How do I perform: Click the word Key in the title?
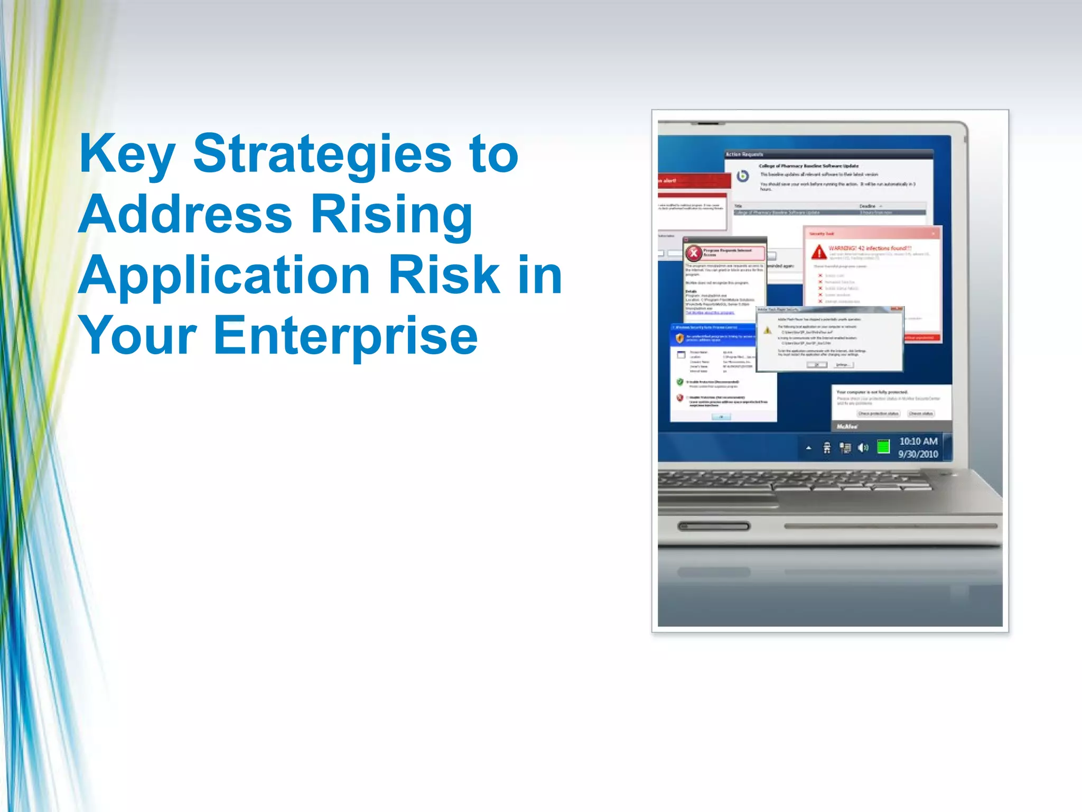127,154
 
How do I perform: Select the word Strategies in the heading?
322,154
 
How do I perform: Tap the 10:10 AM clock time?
918,441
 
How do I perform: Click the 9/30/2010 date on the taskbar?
918,454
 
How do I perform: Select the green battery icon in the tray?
883,447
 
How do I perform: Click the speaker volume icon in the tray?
863,448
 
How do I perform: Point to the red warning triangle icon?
819,252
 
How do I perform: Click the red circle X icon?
694,253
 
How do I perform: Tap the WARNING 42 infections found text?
870,248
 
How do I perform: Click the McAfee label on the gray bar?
847,426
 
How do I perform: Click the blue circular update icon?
743,176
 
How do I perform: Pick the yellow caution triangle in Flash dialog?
768,330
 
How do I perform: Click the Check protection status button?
878,413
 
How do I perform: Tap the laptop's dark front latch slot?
714,526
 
